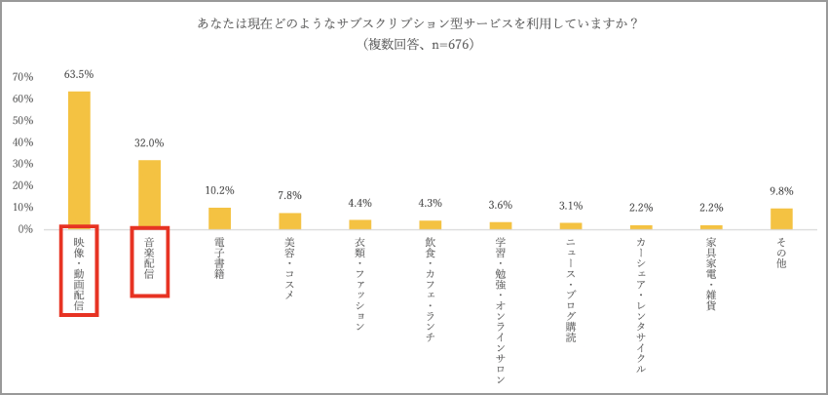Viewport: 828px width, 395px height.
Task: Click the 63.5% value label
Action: tap(79, 74)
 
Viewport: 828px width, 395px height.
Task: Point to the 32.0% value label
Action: tap(149, 142)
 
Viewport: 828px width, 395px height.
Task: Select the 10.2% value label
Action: tap(219, 190)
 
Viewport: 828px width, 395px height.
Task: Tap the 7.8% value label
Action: tap(289, 195)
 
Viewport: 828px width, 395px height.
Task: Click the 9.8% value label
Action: tap(781, 191)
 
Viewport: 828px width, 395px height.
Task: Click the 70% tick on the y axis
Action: tap(23, 77)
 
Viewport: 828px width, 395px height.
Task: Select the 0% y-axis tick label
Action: tap(26, 229)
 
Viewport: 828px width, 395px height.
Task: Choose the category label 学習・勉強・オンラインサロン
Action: tap(501, 308)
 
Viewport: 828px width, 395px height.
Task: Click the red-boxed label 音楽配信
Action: tap(150, 261)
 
